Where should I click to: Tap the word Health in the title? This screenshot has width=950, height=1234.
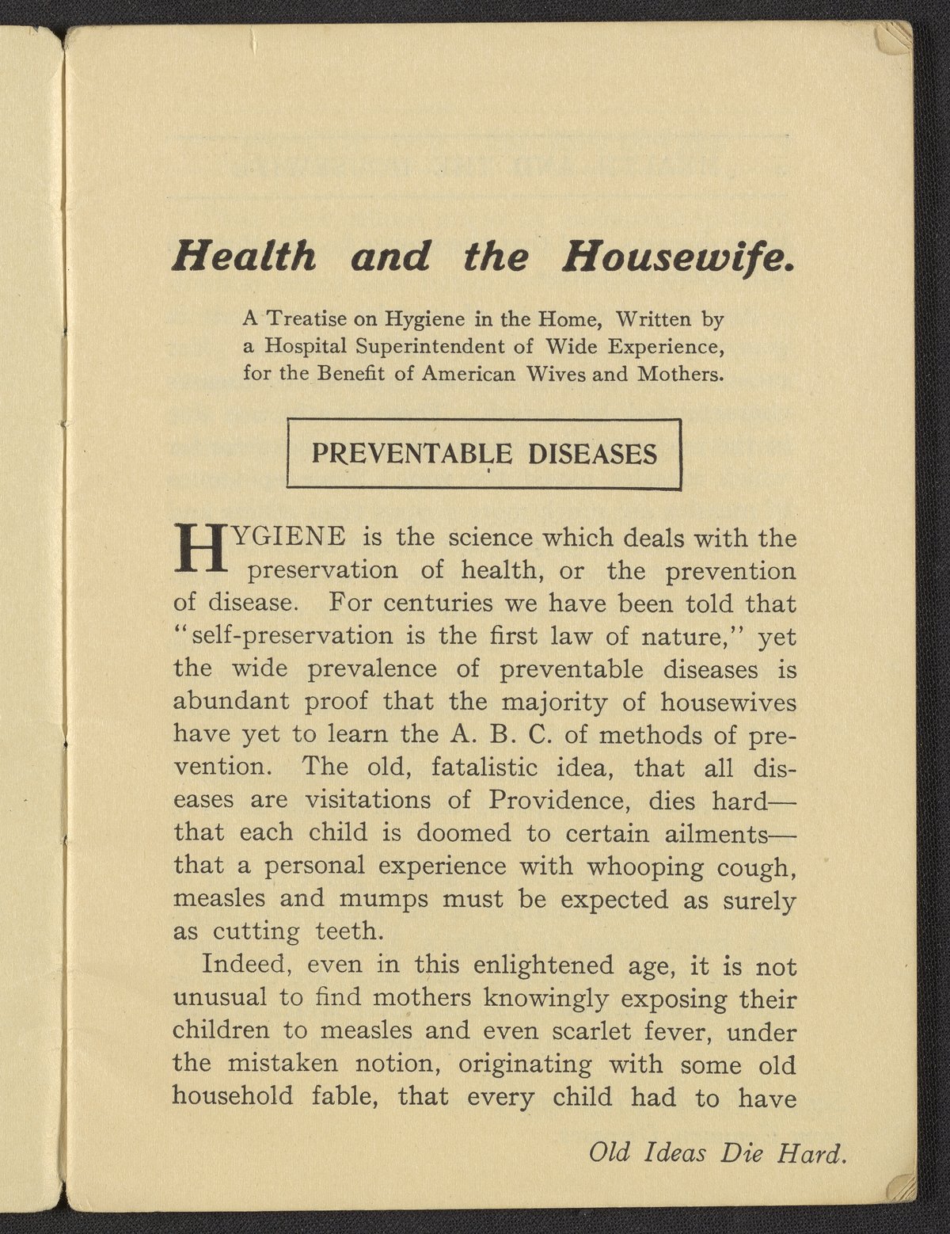tap(245, 257)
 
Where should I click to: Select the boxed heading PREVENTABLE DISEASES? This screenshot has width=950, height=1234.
tap(484, 453)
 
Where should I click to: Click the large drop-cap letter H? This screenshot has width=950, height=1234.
tap(199, 548)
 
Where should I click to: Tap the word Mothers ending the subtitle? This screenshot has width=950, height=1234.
tap(681, 373)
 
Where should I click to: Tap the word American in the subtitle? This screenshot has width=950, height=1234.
tap(473, 373)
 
